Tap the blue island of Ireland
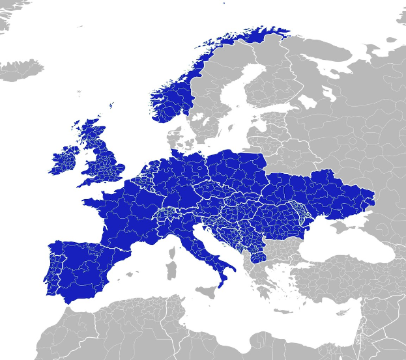click(65, 160)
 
